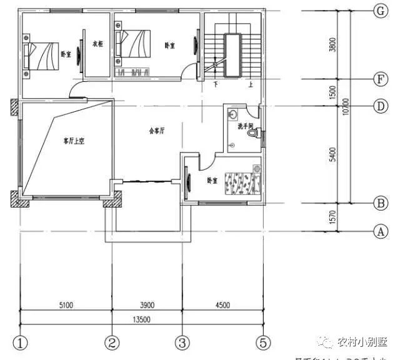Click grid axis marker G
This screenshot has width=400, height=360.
coord(379,11)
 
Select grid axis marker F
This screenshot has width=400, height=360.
coord(379,79)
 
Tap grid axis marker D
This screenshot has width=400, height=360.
coord(379,106)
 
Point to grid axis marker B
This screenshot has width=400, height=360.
coord(379,203)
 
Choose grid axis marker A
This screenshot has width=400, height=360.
coord(379,231)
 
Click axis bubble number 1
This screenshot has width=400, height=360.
coord(22,343)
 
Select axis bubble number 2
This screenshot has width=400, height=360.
coord(112,343)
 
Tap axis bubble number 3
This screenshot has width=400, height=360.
coord(182,343)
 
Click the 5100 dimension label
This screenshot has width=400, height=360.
coord(67,306)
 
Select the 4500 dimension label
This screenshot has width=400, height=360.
coord(222,306)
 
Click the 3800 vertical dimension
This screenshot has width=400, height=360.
coord(332,45)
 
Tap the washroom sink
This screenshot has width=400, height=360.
coord(232,114)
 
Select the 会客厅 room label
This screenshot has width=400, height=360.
coord(156,131)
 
